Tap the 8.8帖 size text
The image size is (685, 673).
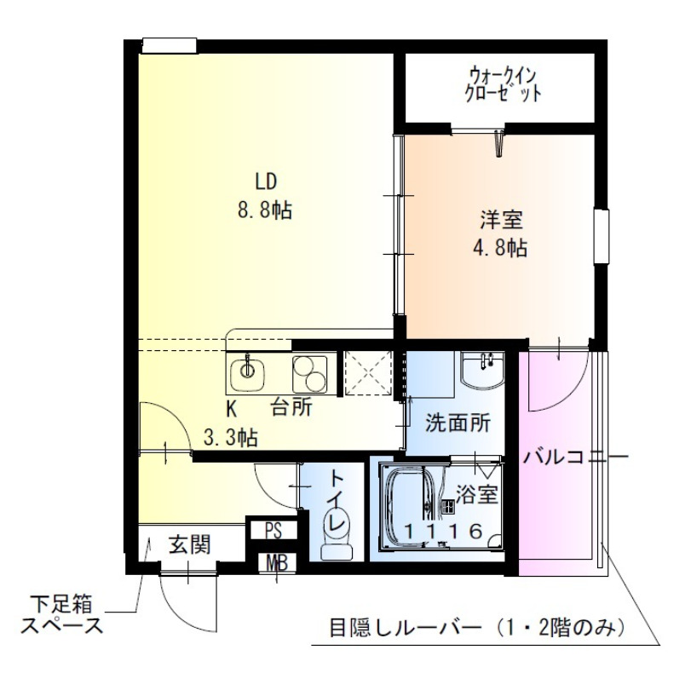click(265, 210)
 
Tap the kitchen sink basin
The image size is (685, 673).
click(248, 369)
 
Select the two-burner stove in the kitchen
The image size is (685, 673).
click(309, 371)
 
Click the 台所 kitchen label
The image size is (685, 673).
click(291, 406)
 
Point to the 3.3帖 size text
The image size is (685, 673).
click(231, 438)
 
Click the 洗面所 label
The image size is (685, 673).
click(458, 423)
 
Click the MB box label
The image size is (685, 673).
click(276, 562)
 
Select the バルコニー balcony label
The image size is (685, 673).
click(576, 457)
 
